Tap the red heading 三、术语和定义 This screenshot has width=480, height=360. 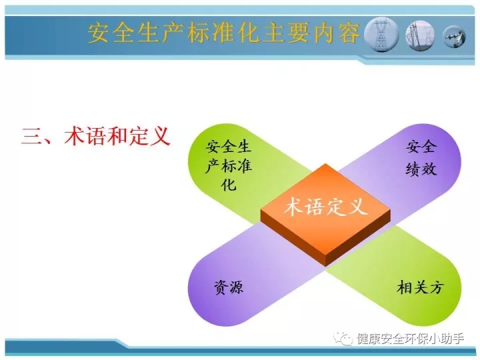tap(96, 136)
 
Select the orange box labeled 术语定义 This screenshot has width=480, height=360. tap(325, 215)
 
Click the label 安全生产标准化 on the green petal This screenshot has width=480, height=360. tap(229, 165)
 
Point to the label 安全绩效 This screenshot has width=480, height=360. tap(421, 158)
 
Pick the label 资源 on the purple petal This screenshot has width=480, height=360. tap(229, 287)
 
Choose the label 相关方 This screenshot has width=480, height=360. tap(420, 287)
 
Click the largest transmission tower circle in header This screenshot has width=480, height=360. tap(381, 34)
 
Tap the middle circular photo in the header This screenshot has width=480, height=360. tap(420, 36)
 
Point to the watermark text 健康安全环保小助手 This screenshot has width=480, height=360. tap(411, 339)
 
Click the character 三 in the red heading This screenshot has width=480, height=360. tap(31, 137)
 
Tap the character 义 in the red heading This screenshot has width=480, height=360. tap(161, 136)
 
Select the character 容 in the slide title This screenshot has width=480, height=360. tap(349, 33)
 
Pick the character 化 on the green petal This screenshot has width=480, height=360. tap(229, 184)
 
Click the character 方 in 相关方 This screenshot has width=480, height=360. tap(436, 287)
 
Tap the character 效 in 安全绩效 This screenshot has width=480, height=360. tap(429, 169)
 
